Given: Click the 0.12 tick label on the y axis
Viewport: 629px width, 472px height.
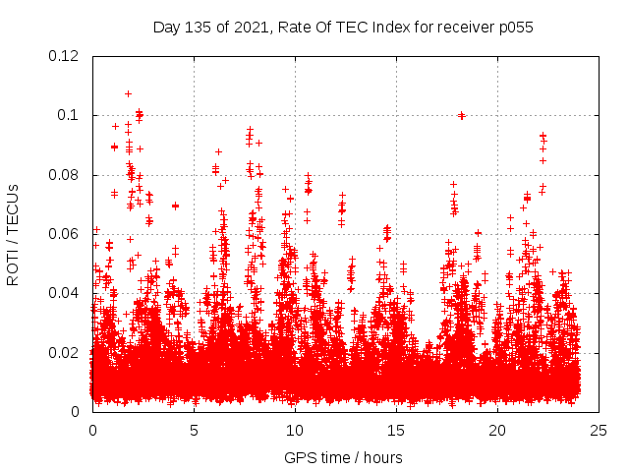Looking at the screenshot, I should tap(64, 56).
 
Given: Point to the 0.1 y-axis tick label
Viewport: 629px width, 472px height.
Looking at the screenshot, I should tap(68, 115).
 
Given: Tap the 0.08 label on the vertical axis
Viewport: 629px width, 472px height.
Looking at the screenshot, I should tap(64, 175).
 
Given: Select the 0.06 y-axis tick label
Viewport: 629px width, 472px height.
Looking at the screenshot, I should tap(64, 234).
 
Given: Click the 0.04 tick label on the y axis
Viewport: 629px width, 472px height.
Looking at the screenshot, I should tap(64, 293).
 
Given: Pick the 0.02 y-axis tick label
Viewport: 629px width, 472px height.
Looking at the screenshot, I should tap(64, 352).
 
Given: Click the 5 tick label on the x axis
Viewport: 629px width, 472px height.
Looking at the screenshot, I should tap(194, 430).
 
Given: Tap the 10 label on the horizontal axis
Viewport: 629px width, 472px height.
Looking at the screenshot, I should tap(295, 430).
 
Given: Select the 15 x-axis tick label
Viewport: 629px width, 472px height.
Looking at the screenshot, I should tap(396, 430).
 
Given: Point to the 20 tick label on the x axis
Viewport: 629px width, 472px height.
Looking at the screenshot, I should tap(497, 430).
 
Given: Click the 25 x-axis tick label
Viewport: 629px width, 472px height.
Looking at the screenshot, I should tap(599, 430).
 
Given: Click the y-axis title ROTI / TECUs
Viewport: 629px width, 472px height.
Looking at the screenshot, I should tap(13, 234).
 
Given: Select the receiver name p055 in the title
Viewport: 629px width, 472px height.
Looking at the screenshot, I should tap(514, 27).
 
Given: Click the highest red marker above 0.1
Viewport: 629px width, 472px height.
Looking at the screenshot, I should tap(128, 94).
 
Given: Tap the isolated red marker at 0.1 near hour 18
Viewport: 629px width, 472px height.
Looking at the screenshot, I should tap(461, 115).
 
